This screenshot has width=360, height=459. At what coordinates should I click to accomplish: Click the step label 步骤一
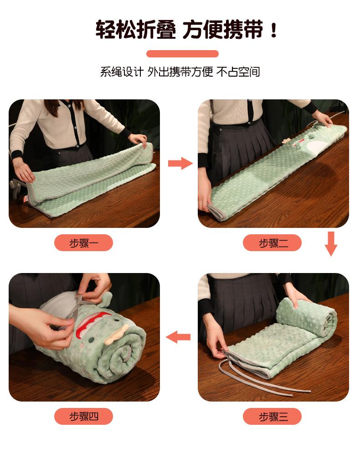pos(83,242)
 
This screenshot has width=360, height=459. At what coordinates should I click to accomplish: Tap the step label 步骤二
pos(272,242)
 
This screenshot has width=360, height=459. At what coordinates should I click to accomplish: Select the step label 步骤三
pos(272,416)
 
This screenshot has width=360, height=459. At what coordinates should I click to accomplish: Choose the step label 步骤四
pos(83,416)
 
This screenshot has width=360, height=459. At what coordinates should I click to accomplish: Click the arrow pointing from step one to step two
pos(180,163)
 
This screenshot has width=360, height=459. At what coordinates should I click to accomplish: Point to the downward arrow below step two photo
pos(331,243)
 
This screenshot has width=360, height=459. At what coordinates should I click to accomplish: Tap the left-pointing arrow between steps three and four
pos(178,337)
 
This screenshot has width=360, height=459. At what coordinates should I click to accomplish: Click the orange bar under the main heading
pos(182,54)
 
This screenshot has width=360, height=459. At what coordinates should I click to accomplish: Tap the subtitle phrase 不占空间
pos(238,72)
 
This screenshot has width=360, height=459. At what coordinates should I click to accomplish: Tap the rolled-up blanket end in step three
pos(307,318)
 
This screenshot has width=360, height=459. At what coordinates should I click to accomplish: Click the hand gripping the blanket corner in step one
pos(138,140)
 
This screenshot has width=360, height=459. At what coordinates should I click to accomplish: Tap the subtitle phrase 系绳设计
pos(122,72)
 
